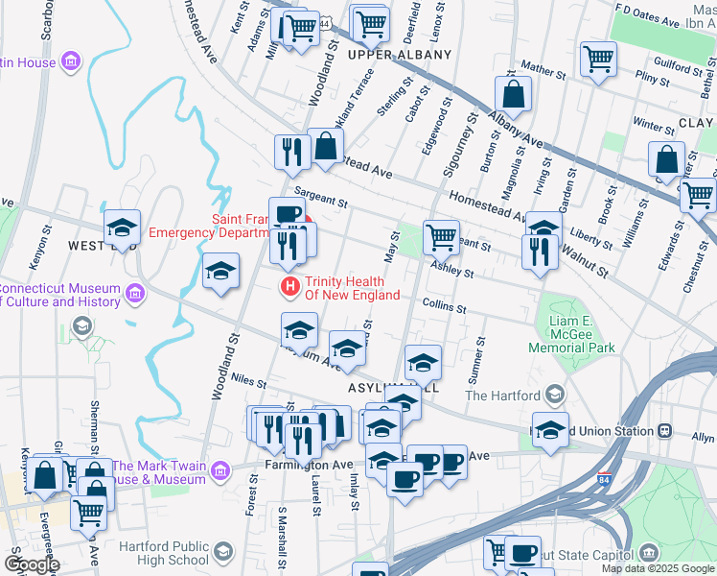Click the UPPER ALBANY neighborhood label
pyautogui.click(x=399, y=55)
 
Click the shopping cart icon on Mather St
pyautogui.click(x=599, y=59)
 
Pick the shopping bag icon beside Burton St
pyautogui.click(x=514, y=94)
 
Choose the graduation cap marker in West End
pyautogui.click(x=122, y=228)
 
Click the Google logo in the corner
pyautogui.click(x=31, y=564)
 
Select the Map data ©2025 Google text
pyautogui.click(x=658, y=568)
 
